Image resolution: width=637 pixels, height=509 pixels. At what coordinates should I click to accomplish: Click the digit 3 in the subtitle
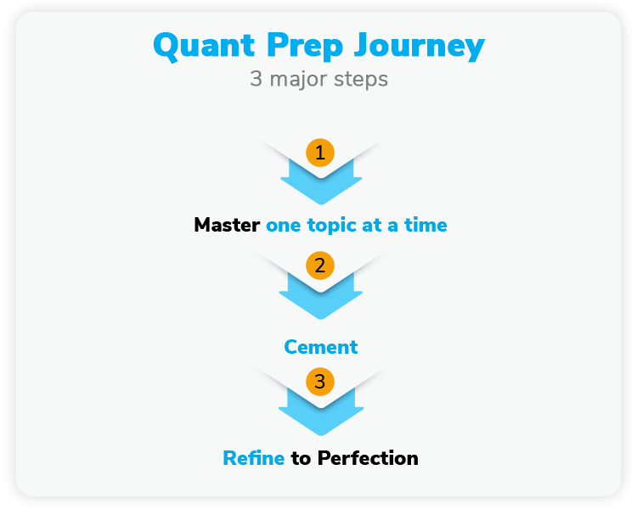tap(256, 80)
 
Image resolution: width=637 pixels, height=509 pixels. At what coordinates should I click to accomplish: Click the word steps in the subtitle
tap(363, 80)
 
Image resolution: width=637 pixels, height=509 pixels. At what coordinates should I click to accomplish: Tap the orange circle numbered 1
tap(320, 154)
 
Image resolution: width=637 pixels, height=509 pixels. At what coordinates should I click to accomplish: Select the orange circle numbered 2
tap(320, 266)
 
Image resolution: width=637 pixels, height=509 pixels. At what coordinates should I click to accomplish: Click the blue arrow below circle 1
tap(320, 187)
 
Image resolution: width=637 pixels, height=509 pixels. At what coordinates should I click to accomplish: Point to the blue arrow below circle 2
tap(320, 300)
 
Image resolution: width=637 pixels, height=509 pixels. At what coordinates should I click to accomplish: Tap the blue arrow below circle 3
tap(320, 417)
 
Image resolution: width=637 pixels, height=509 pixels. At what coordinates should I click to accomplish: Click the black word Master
tap(227, 226)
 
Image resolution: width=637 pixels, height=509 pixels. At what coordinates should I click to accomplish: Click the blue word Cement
tap(320, 347)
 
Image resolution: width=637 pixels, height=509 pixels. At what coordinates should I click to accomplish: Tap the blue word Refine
tap(253, 459)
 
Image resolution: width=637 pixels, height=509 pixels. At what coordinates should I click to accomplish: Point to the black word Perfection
tap(368, 459)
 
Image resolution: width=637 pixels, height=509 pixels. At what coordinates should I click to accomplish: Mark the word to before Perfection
tap(301, 459)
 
